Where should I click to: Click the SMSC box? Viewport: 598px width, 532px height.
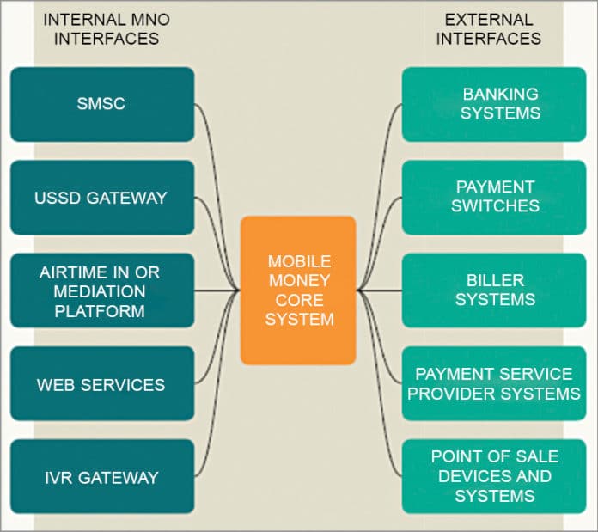point(101,104)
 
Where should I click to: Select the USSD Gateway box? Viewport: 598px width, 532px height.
point(101,197)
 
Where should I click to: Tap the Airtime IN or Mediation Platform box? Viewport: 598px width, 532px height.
point(101,290)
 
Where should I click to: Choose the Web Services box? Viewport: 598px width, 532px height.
point(101,384)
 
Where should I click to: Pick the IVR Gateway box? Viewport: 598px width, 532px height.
point(101,477)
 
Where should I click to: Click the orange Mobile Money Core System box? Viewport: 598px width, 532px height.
point(298,290)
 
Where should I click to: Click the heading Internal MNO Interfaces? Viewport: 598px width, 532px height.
point(101,28)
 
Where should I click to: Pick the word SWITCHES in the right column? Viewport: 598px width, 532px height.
point(497,206)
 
